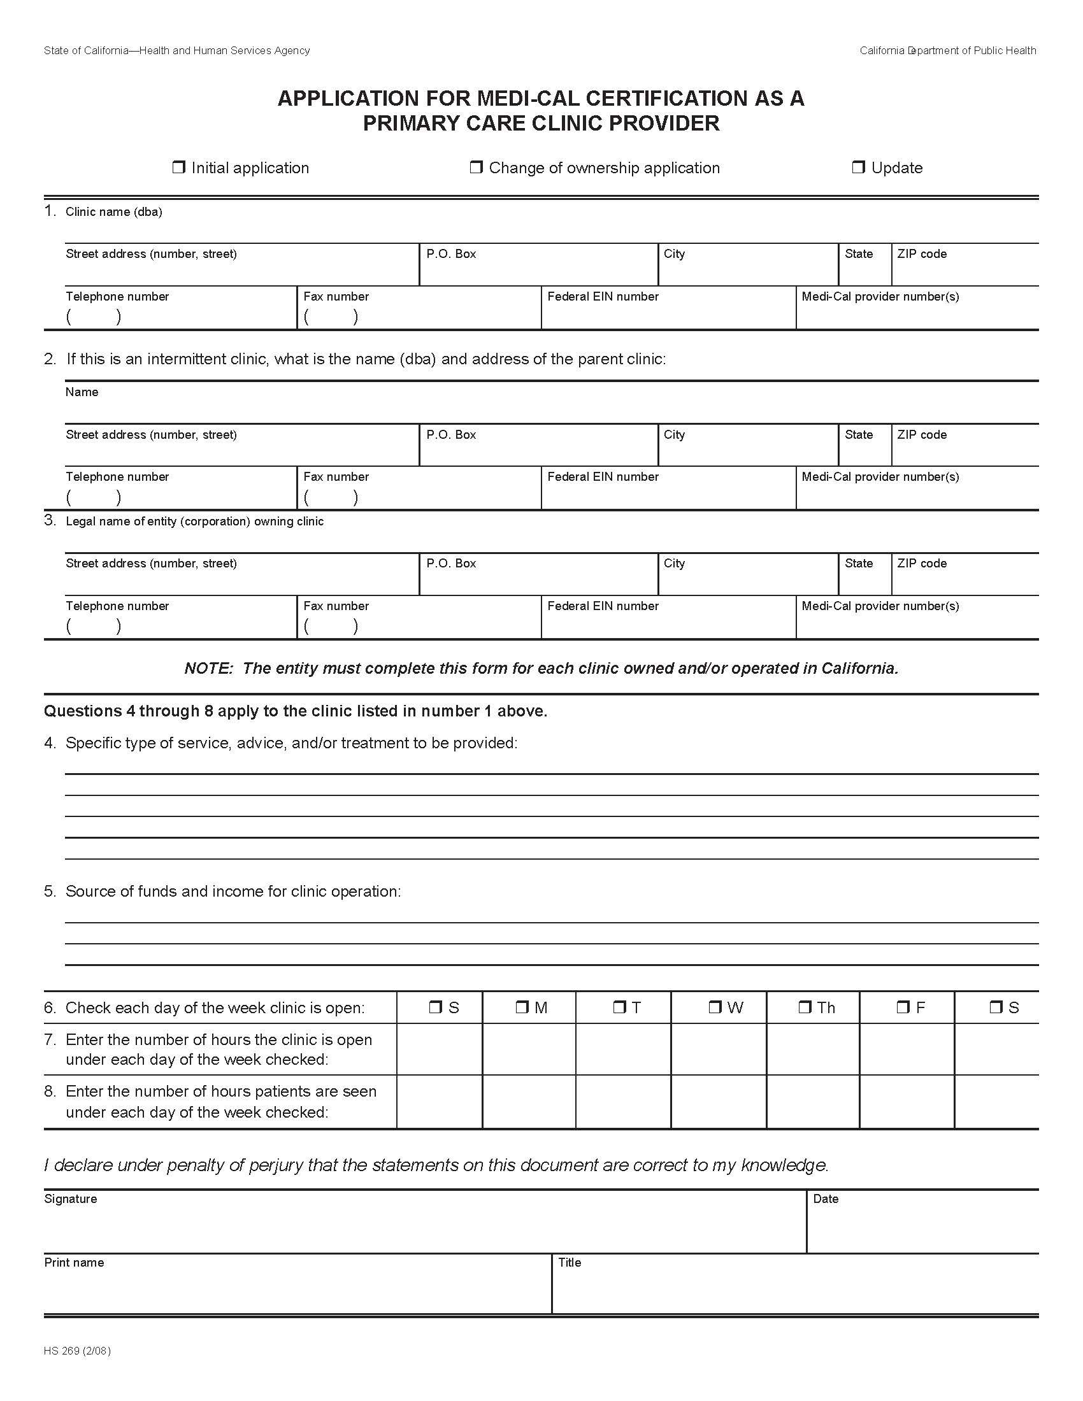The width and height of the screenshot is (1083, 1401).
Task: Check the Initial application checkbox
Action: [178, 168]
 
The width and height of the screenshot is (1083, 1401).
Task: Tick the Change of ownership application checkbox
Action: [476, 168]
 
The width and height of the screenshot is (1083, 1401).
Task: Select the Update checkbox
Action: [859, 168]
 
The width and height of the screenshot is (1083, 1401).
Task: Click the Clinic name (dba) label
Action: [113, 212]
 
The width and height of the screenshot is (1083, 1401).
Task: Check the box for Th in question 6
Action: [805, 1008]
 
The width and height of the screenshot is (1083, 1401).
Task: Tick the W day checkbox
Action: [715, 1008]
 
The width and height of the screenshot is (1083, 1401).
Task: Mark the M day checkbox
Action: [522, 1008]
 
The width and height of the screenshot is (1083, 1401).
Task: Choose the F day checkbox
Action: [903, 1008]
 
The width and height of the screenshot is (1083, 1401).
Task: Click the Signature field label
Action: [71, 1199]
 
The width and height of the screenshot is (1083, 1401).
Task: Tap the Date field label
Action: [825, 1199]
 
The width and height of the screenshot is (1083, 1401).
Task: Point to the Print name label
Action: [74, 1262]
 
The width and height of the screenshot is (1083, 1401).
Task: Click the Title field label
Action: [569, 1262]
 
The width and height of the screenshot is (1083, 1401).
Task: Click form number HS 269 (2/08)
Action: [77, 1351]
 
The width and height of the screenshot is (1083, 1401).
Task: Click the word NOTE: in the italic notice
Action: [208, 669]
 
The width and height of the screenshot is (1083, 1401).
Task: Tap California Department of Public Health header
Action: [948, 51]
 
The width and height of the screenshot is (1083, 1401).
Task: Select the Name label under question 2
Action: [82, 392]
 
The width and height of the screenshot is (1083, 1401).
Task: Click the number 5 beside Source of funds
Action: [50, 891]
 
